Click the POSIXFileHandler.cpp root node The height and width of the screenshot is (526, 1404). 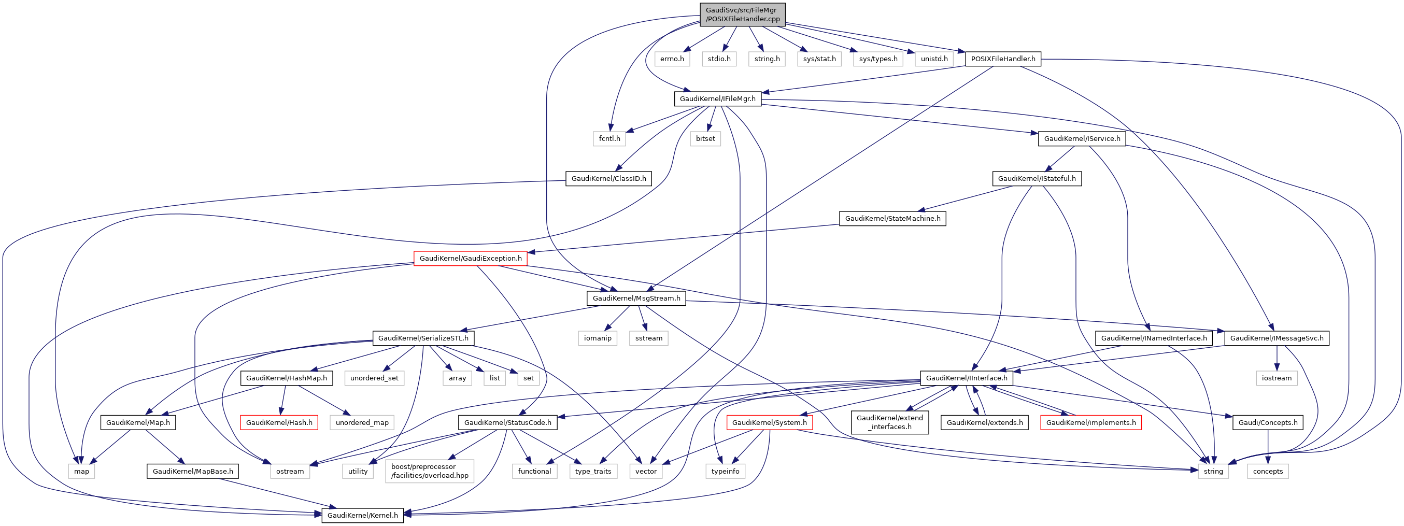click(x=742, y=14)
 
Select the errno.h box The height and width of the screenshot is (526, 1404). click(x=672, y=59)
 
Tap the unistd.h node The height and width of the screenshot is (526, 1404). click(x=934, y=59)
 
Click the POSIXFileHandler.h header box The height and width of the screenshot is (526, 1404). click(x=1003, y=59)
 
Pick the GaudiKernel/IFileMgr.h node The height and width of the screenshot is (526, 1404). click(x=717, y=98)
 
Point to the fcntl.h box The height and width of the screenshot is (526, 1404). click(x=609, y=138)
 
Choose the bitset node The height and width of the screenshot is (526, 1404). click(x=705, y=138)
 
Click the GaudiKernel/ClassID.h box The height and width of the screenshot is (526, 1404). click(x=608, y=178)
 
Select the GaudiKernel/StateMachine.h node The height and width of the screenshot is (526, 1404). click(x=892, y=219)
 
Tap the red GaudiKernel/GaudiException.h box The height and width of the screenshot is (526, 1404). click(x=471, y=259)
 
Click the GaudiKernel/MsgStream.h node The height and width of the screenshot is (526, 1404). click(x=636, y=298)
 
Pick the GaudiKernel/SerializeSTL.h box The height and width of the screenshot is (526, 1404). click(x=423, y=338)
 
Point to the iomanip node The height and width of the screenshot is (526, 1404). click(x=598, y=338)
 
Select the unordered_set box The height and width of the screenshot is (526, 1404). click(x=374, y=378)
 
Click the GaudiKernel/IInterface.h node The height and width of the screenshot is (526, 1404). click(x=967, y=378)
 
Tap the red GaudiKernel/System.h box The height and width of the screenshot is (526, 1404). click(x=769, y=422)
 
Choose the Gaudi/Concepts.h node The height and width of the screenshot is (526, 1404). click(x=1268, y=422)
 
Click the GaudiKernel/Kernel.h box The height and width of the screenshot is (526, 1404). click(x=362, y=515)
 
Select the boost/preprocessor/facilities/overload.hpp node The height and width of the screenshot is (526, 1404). click(x=430, y=471)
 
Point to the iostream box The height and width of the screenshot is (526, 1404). click(x=1277, y=378)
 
